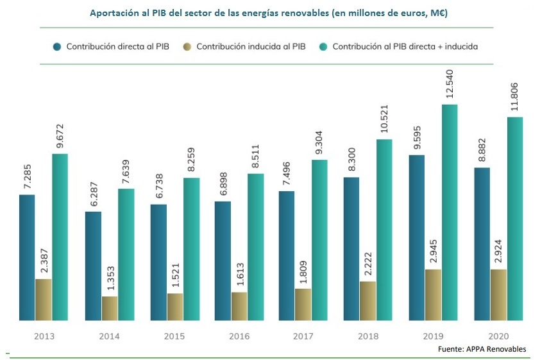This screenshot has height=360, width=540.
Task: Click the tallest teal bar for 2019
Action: coord(449,212)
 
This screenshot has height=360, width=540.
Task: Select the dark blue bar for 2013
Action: coord(27,257)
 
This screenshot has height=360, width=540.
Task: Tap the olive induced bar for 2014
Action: coord(110,308)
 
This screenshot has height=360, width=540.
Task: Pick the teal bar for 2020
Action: coord(515,218)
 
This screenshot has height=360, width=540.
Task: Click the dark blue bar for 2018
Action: coord(351,248)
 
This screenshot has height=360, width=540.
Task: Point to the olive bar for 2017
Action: coord(303,304)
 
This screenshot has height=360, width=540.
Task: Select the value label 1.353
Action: coord(110,277)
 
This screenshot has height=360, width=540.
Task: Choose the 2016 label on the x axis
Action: coord(239,336)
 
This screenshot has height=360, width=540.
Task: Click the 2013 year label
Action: coord(44,336)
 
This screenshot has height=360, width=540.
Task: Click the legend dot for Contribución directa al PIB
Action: coord(57,47)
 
